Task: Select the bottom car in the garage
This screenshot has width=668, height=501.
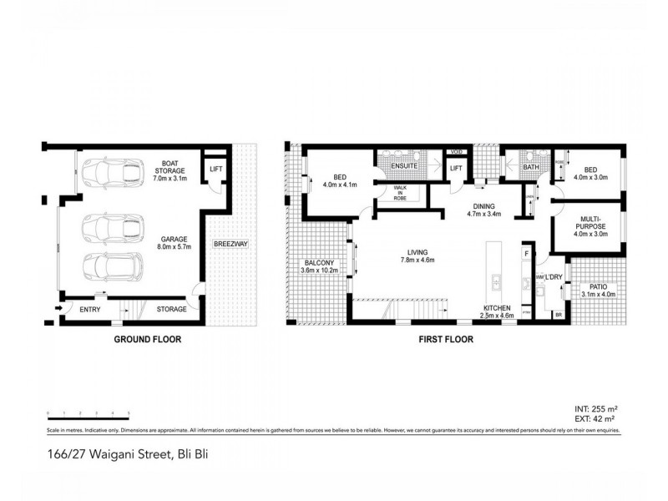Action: pos(106,266)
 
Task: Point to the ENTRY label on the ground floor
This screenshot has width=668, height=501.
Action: pos(90,310)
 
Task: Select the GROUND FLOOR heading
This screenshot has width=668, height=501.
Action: pos(146,340)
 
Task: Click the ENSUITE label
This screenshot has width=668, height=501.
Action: pos(404,166)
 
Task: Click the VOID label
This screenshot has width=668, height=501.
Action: pos(456,151)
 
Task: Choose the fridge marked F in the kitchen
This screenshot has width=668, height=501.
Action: pos(526,252)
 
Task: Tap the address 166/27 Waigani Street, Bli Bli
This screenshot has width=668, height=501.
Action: pos(131,455)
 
